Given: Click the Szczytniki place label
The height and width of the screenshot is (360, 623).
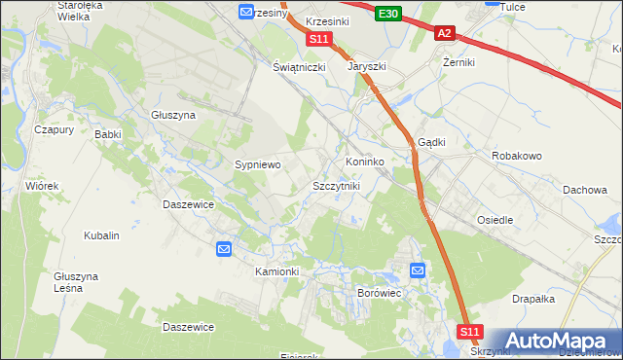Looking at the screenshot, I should point(337,185).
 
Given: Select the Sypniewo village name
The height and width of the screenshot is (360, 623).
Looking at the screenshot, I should point(258,165).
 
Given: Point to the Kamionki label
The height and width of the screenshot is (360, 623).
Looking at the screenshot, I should point(276,270).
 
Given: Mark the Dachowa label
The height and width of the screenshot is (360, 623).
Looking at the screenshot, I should point(585,190).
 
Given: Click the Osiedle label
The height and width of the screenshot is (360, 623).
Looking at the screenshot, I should point(495,220).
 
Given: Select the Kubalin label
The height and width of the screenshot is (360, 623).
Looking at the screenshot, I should point(101,235).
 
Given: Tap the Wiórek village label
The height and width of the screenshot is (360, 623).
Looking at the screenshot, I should point(43,185).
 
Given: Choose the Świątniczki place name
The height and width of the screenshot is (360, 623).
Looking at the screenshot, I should point(298,67).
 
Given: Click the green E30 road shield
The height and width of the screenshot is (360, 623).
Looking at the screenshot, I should point(387,13).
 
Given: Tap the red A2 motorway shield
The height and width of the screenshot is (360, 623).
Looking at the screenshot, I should point(444,33).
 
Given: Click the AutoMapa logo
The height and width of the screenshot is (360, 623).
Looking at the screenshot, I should point(565,341).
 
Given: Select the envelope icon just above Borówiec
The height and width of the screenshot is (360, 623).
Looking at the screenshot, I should point(418,270).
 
